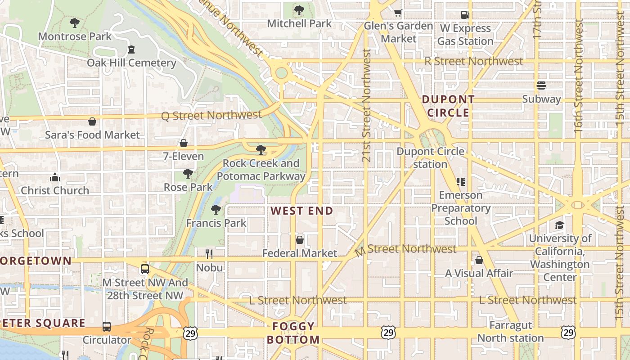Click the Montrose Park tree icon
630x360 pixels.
[75, 22]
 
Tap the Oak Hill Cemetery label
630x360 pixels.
[131, 63]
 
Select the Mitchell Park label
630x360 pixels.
[299, 23]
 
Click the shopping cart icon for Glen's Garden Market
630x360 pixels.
[398, 13]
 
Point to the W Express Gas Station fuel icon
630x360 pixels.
[465, 15]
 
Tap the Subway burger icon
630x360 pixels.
[541, 85]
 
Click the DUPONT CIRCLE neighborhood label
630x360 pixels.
[448, 106]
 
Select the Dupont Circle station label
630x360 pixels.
[430, 157]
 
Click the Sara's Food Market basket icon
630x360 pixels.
[92, 121]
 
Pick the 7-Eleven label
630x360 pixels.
[184, 157]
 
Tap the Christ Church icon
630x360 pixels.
[55, 177]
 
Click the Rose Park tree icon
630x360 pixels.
[188, 174]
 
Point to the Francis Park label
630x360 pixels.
[216, 223]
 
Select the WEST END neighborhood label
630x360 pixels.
[302, 211]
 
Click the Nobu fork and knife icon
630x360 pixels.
[209, 254]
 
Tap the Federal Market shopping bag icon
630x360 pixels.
[300, 240]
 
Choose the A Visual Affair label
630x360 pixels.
[479, 273]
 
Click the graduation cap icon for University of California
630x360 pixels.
[559, 225]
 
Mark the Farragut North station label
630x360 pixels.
[510, 332]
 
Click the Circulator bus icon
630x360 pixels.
[107, 327]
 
